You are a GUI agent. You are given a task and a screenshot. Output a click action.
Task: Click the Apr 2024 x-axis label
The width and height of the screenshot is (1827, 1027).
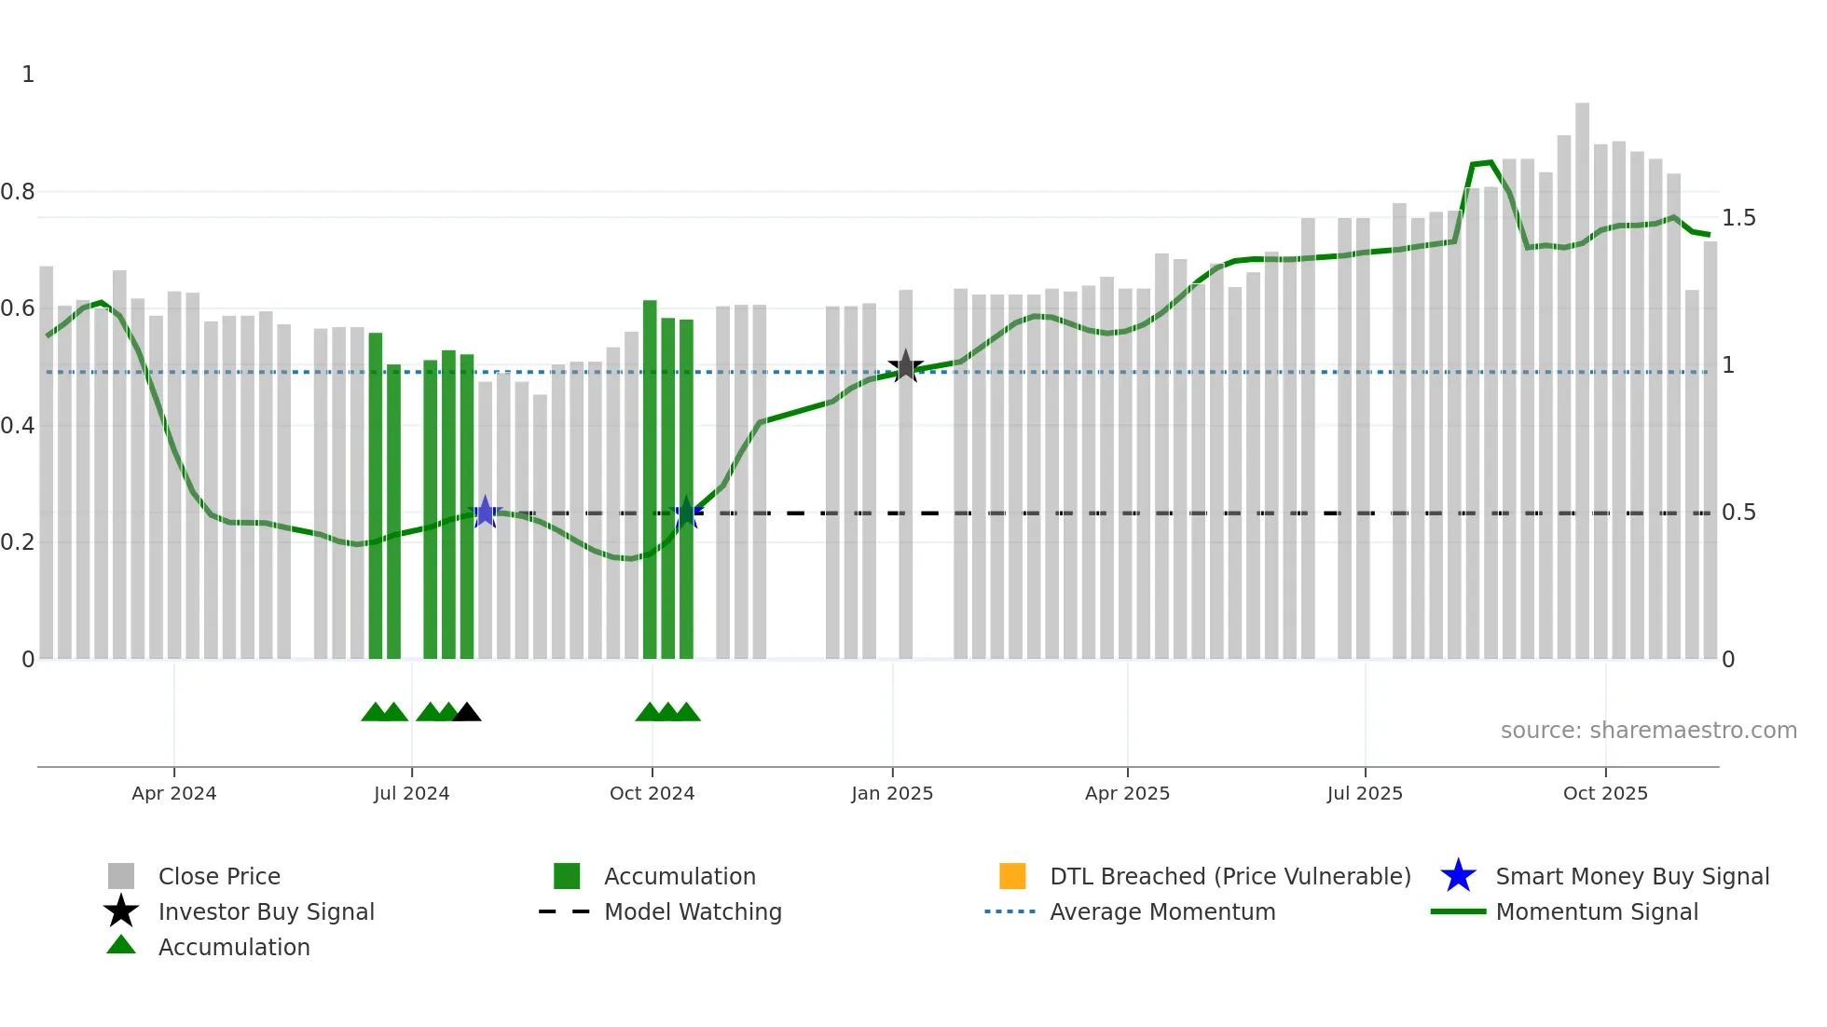[x=173, y=793]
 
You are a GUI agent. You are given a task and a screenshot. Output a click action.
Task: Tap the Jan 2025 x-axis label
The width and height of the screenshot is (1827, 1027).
[x=892, y=793]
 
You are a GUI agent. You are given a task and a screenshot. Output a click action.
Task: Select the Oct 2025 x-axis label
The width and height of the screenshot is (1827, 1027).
[x=1605, y=793]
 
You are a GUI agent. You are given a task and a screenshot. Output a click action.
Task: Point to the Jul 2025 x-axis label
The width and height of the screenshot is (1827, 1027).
[x=1365, y=793]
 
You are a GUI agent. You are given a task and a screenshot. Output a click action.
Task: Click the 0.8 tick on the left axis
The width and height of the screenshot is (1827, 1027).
[x=18, y=192]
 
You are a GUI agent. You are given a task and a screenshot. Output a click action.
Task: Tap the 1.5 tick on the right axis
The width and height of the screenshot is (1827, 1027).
[x=1738, y=218]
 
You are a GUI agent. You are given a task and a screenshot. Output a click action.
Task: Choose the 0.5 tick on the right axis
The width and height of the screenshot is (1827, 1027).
[x=1738, y=513]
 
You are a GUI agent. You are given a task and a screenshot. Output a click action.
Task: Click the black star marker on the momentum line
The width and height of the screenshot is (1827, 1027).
[x=905, y=366]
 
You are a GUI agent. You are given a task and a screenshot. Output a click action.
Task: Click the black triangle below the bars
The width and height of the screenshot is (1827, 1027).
[x=466, y=713]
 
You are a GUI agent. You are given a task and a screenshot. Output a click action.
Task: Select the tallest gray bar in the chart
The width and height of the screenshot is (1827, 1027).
[x=1582, y=373]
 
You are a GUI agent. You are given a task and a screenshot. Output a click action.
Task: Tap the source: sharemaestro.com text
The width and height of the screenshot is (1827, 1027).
[x=1648, y=731]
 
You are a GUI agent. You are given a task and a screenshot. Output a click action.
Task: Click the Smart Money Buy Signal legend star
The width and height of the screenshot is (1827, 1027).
[x=1458, y=876]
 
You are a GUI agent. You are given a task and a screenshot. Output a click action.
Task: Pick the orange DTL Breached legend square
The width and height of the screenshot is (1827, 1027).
[x=1012, y=876]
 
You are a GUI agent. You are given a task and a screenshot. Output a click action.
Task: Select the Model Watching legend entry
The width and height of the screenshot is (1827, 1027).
[x=693, y=911]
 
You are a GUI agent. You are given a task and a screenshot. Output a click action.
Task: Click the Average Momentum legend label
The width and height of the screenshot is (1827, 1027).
[x=1162, y=911]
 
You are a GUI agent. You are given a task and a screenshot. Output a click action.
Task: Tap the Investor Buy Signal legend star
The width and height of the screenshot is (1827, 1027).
[x=121, y=911]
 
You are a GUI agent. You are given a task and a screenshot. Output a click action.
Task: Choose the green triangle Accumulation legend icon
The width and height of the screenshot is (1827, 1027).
[x=121, y=946]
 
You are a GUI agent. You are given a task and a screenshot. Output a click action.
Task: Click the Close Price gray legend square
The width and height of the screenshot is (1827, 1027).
[x=121, y=876]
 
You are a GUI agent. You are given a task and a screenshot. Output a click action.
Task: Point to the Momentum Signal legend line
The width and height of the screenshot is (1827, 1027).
[x=1458, y=911]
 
